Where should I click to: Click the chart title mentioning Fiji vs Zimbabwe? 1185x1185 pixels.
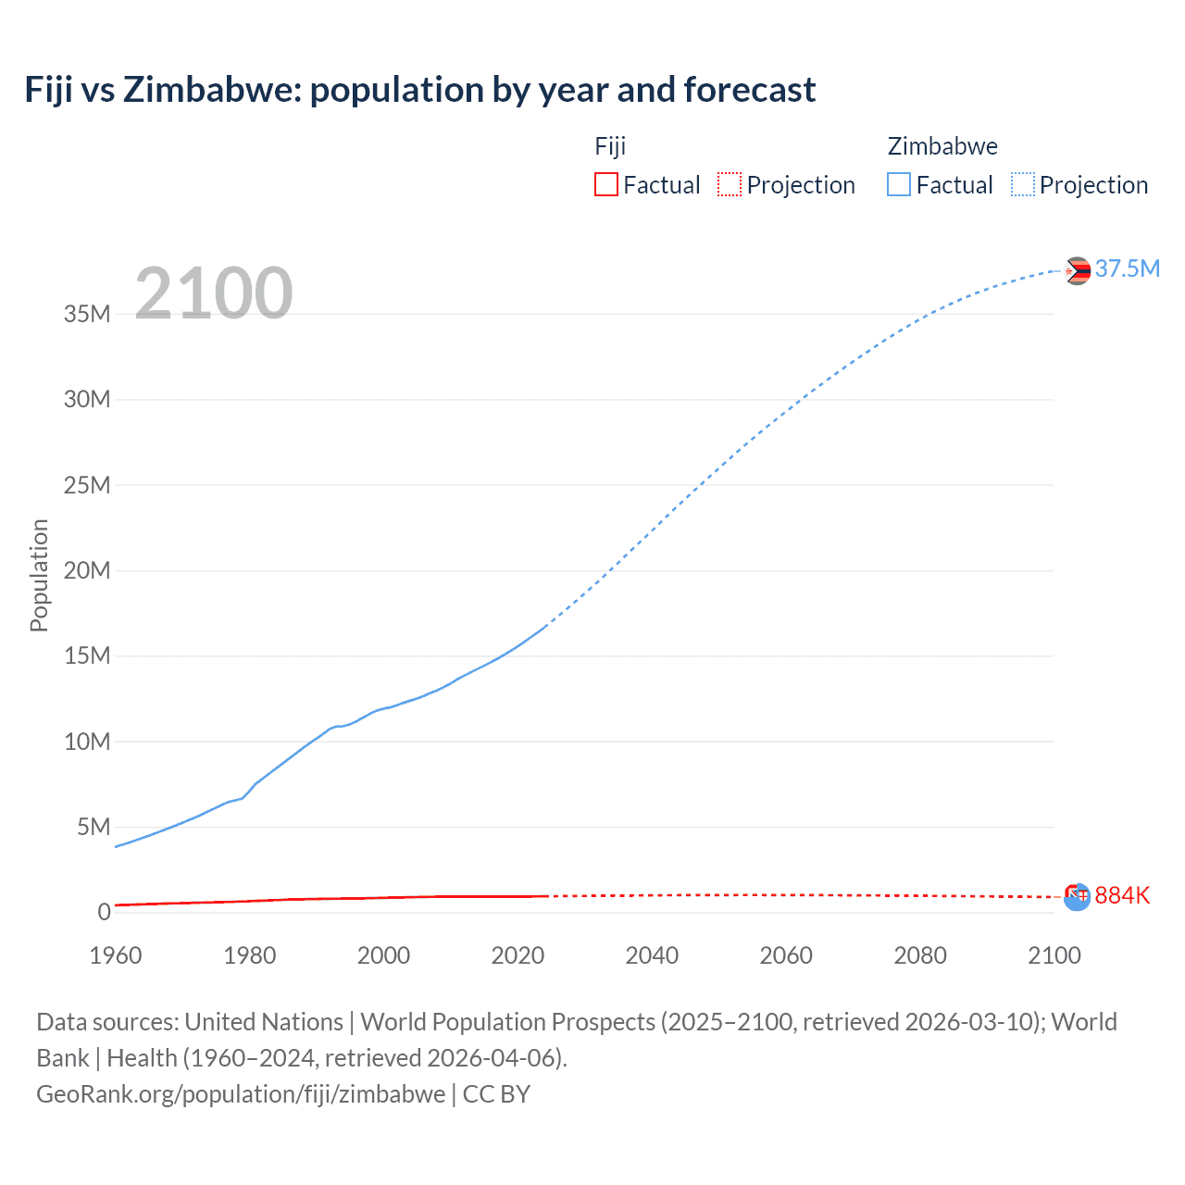(x=420, y=90)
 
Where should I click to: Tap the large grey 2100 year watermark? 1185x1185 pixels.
(x=214, y=293)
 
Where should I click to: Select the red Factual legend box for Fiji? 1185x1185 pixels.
(x=605, y=184)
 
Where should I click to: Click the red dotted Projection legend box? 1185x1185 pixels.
(x=730, y=184)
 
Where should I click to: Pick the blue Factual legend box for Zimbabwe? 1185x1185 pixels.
(x=899, y=184)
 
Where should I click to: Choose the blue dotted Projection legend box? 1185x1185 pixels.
(x=1023, y=184)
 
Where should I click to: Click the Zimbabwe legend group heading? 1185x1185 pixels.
(x=942, y=146)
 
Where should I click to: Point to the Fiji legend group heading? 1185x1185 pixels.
(x=610, y=146)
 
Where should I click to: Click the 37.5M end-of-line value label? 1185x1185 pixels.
(x=1127, y=268)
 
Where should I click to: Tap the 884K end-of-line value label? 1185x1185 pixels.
(x=1122, y=895)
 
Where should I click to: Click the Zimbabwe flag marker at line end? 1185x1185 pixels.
(x=1077, y=270)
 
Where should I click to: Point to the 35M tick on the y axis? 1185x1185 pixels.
(x=87, y=314)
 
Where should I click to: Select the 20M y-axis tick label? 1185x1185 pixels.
(x=87, y=570)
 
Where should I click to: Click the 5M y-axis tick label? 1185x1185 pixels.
(x=94, y=827)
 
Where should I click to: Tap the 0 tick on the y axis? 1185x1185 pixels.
(x=104, y=912)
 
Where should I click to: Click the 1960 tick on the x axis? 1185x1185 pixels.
(x=116, y=955)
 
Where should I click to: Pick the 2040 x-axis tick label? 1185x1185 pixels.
(x=652, y=955)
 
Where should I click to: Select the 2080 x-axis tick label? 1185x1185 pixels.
(x=920, y=955)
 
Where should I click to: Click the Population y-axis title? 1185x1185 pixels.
(x=39, y=575)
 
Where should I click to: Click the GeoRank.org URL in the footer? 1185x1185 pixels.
(x=241, y=1093)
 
